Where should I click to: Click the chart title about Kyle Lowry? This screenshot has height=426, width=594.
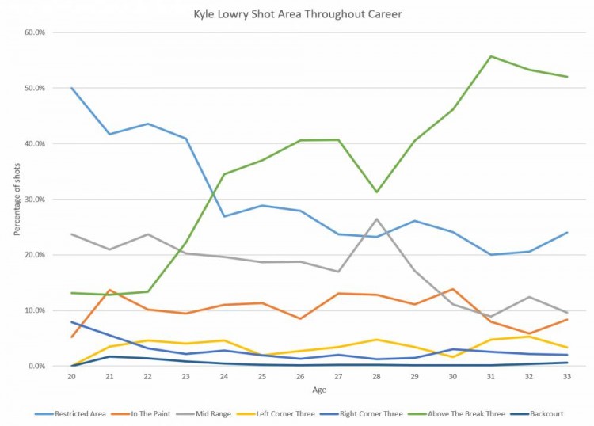[297, 14]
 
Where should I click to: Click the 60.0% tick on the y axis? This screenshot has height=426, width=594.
[34, 32]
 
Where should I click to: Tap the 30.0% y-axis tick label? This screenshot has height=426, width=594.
[34, 200]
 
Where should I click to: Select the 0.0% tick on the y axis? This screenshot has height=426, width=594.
[36, 366]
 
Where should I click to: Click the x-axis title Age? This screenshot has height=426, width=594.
[319, 390]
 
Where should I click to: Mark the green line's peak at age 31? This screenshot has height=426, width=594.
[490, 56]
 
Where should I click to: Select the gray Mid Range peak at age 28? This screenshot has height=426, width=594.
[376, 219]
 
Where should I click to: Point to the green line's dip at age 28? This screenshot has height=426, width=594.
[376, 192]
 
